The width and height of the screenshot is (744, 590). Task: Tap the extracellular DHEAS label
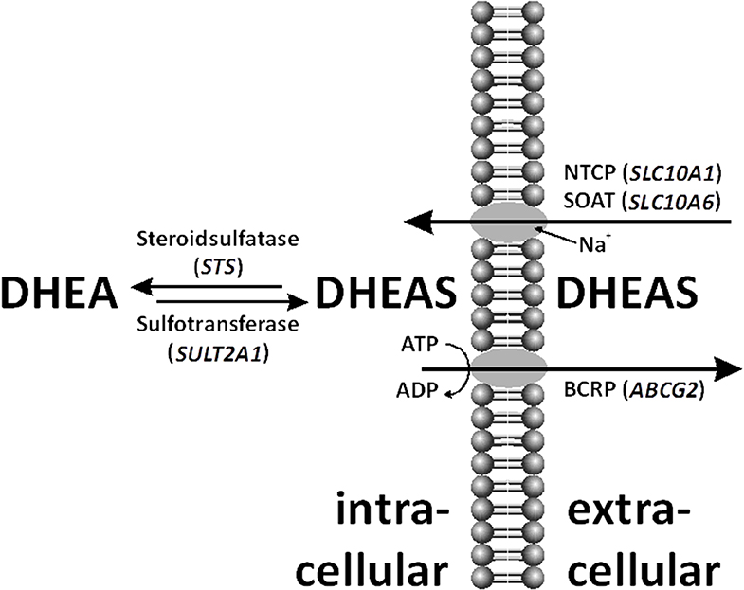pos(635,295)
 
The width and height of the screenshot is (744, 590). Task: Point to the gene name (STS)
pos(215,268)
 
